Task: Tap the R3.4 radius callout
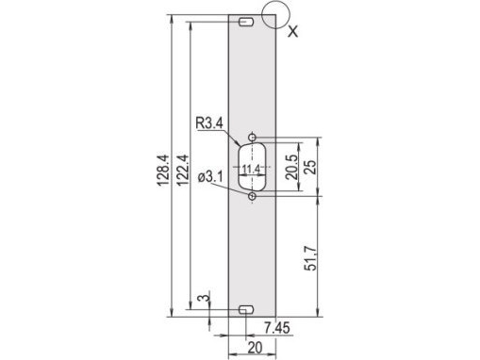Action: (209, 122)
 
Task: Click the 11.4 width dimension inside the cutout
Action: (251, 170)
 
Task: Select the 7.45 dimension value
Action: (276, 327)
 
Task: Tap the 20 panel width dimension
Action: (254, 347)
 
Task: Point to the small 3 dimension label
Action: (204, 299)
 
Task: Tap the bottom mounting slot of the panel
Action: (247, 310)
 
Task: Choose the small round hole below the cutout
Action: (252, 197)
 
